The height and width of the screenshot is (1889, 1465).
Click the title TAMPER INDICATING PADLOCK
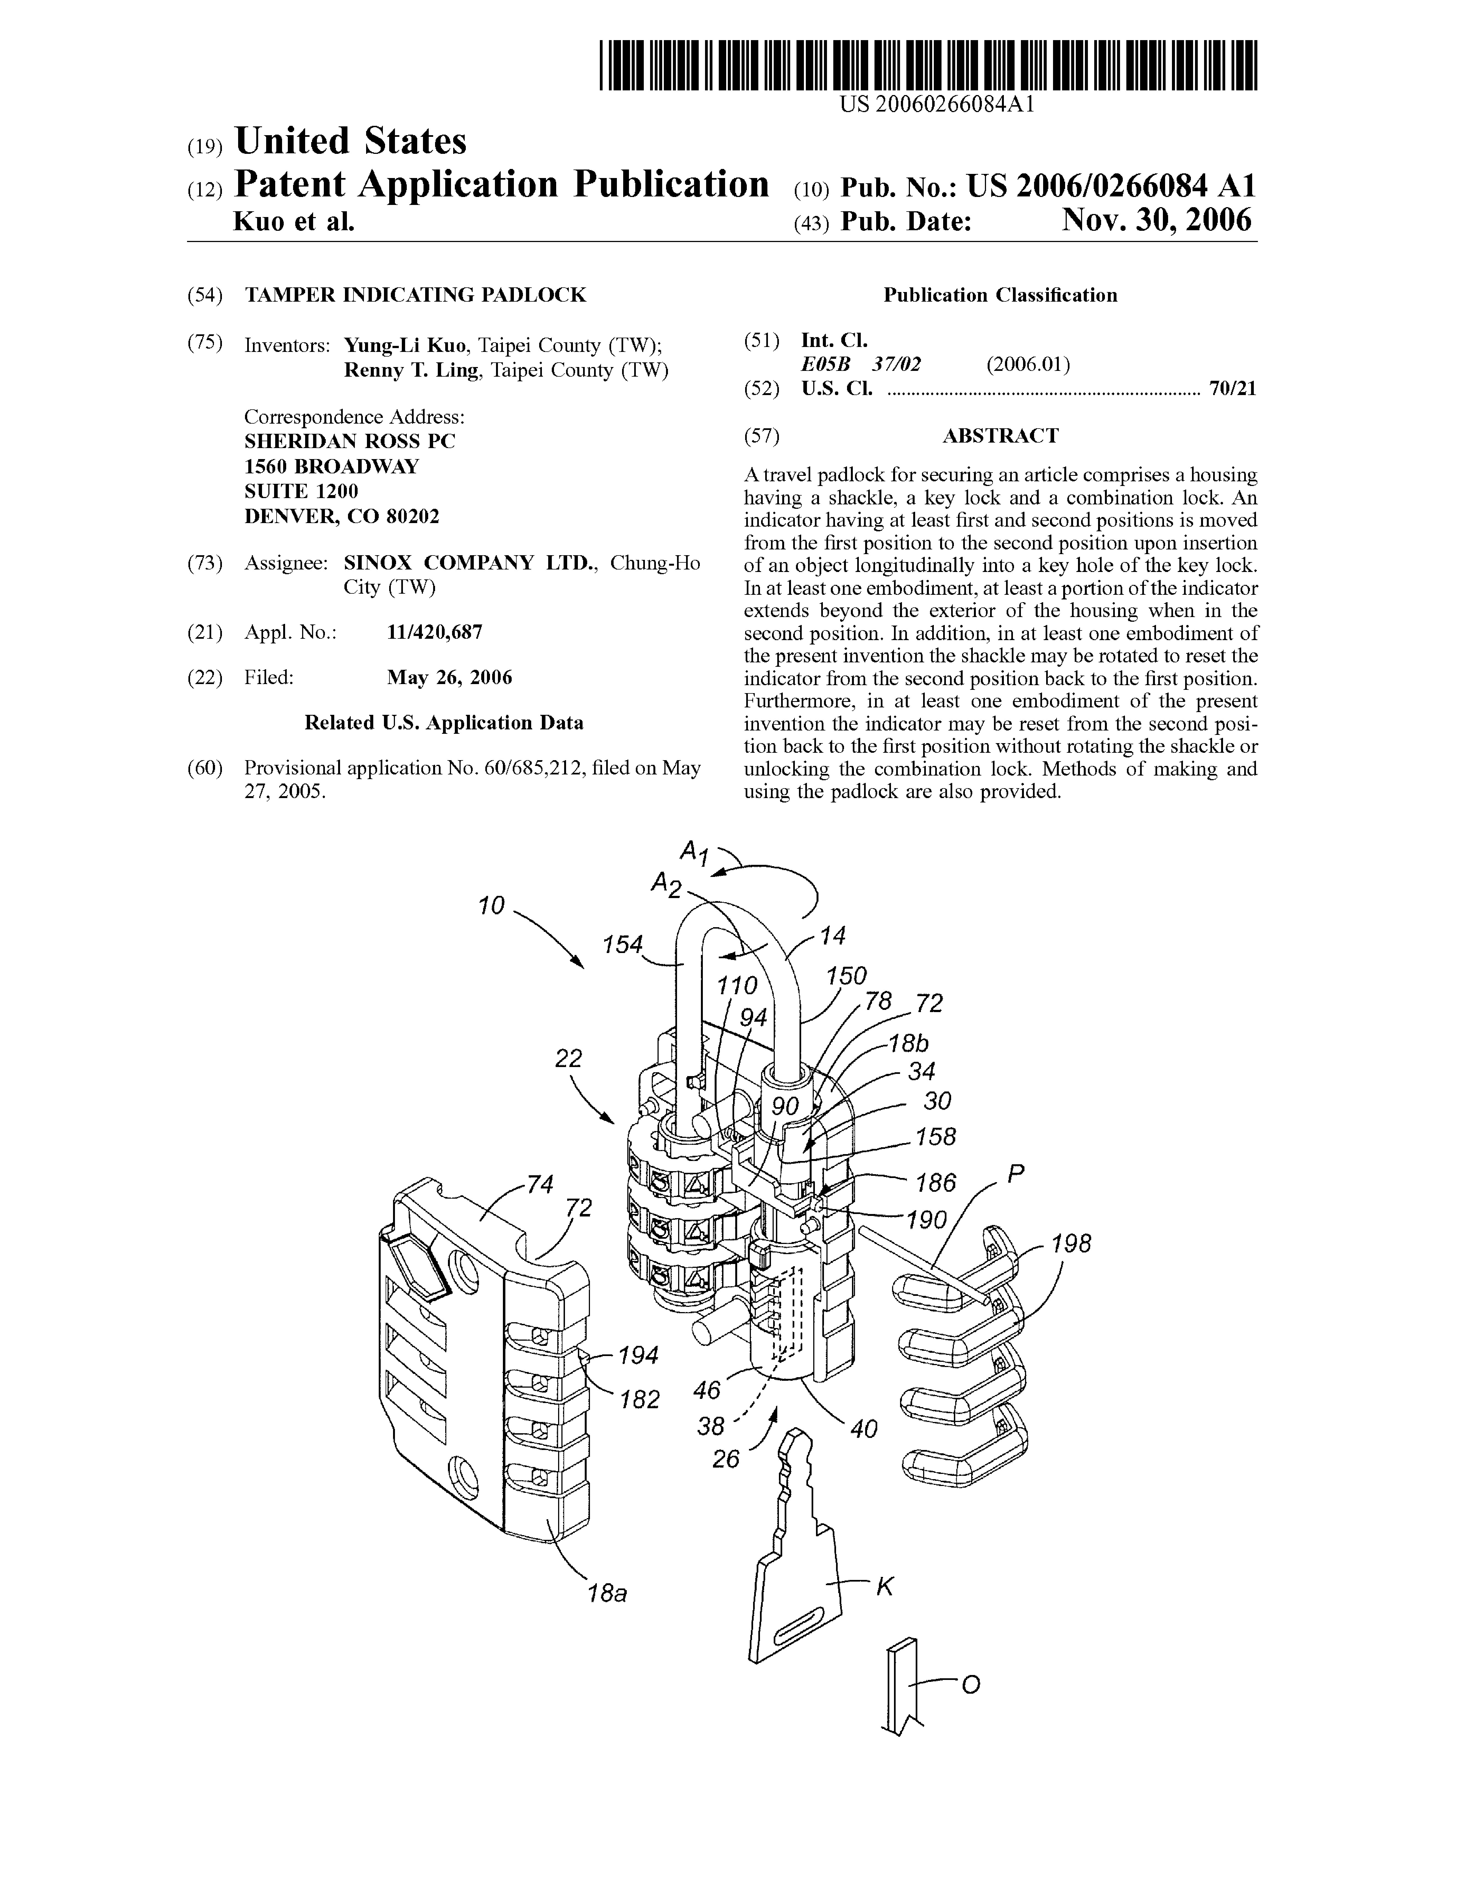[415, 295]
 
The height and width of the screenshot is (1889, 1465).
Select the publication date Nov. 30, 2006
[1156, 221]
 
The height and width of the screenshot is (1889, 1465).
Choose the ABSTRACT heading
[1000, 436]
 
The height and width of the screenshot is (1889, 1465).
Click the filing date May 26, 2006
[449, 677]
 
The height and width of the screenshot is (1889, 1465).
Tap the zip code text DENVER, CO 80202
[342, 516]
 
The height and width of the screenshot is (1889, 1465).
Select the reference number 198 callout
[1071, 1244]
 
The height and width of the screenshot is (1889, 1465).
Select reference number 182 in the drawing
[640, 1399]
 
